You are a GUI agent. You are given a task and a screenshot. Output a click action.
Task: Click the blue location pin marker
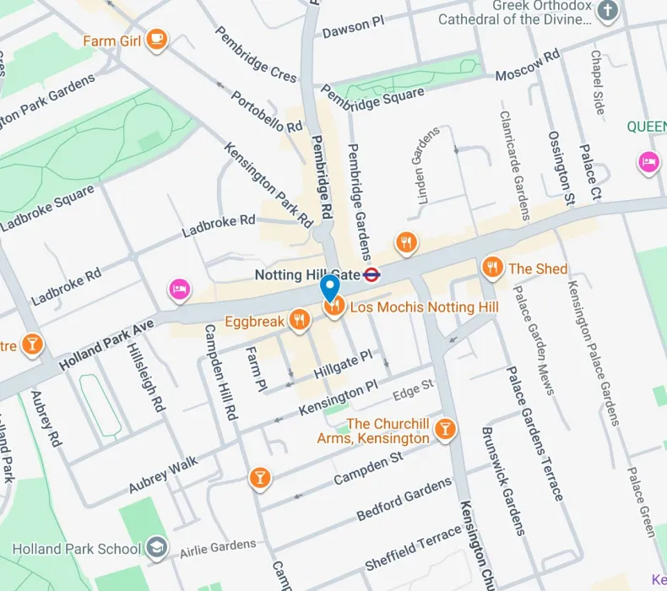330,288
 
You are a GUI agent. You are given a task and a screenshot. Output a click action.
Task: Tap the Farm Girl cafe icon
156,39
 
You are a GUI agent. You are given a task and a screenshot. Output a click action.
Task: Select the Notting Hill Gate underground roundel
371,274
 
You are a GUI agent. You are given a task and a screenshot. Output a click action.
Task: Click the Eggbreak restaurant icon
298,320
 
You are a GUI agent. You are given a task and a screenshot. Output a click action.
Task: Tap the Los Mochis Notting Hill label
424,306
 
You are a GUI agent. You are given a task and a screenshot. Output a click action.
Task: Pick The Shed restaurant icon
491,268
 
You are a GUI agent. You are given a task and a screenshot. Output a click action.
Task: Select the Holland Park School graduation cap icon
156,548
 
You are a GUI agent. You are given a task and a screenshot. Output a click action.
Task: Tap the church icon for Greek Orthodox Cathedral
607,11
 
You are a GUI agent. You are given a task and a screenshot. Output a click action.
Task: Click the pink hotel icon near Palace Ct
648,161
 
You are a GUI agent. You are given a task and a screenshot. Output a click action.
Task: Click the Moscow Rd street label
528,66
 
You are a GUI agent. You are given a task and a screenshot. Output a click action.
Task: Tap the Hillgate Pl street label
343,364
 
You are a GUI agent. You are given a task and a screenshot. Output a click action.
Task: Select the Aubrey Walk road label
163,474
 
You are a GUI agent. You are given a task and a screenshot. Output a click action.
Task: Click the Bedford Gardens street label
404,499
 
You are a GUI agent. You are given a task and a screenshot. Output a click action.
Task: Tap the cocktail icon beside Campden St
260,478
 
